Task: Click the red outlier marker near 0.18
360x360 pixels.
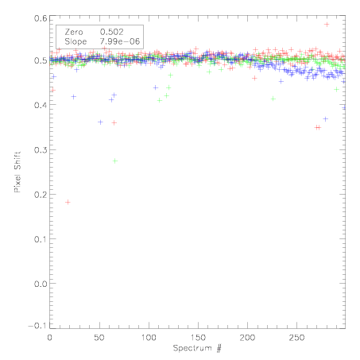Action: pos(68,203)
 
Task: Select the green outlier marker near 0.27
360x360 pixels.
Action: pos(115,161)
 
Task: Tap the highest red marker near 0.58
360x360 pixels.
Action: pos(327,25)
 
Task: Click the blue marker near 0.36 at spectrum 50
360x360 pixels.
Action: pos(100,122)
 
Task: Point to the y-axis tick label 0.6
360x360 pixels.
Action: pos(41,18)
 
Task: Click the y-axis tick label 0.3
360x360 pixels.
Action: pos(41,150)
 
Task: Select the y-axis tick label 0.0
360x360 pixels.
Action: pos(41,284)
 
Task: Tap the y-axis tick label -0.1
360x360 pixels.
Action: pos(37,326)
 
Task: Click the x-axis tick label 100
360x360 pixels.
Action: pos(149,338)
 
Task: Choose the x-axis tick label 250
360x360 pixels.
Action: pos(296,338)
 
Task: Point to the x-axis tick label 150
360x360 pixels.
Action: pos(198,338)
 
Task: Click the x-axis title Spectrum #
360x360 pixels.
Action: pos(197,348)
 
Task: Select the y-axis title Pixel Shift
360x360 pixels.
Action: pos(17,172)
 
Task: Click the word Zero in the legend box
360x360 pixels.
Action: pos(74,32)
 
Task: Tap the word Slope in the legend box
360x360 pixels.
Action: pos(75,41)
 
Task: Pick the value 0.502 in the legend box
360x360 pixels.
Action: pos(112,32)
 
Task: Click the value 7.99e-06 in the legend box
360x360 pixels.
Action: pos(120,41)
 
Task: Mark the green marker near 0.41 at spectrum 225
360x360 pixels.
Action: pos(273,99)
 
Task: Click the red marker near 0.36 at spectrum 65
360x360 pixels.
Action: pos(114,122)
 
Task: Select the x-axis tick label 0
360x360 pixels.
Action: pos(50,338)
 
